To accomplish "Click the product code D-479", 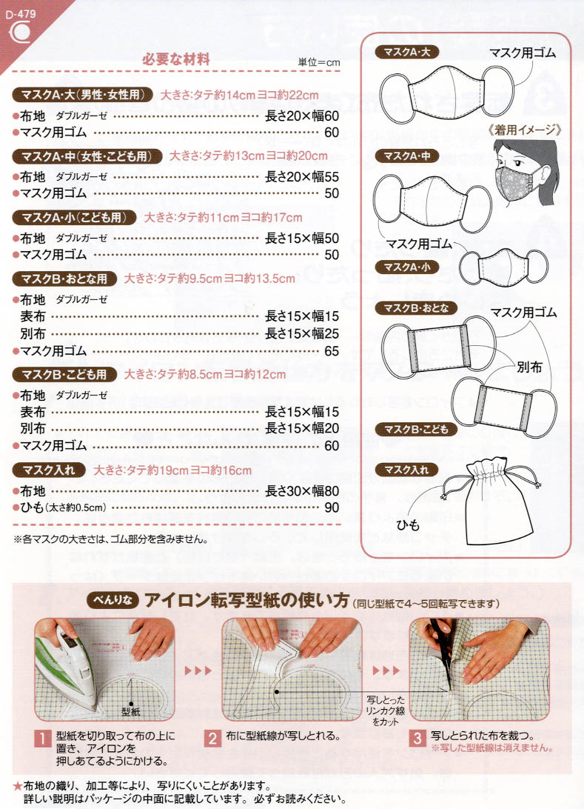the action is pos(21,14).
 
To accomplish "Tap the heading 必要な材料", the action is pos(175,59).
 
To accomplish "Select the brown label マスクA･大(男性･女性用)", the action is pos(82,94).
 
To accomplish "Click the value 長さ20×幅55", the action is pos(301,176).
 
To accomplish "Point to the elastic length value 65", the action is pos(332,351).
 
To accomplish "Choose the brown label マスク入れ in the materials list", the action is pos(49,470).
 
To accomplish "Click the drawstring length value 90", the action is pos(332,507).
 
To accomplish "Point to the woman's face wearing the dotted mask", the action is pos(520,173).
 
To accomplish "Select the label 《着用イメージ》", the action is pos(525,130).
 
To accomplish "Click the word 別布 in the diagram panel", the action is pos(529,367).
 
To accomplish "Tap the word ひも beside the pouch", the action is pos(409,525).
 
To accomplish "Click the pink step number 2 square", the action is pos(212,739).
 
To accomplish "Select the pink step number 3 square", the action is pos(417,739).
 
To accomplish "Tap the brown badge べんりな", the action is pos(113,600).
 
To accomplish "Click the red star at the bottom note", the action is pos(18,786).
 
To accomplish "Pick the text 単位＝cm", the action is pos(319,62).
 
